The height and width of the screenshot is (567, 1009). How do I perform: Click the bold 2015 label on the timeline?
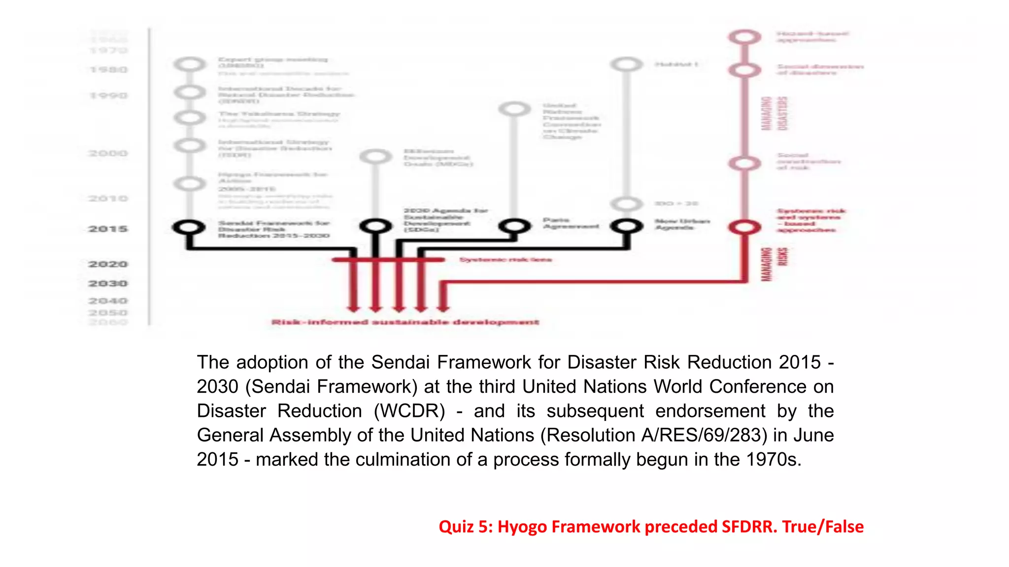click(108, 229)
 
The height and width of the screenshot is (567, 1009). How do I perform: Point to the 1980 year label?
click(108, 70)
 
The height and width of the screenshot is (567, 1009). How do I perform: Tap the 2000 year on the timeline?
click(108, 154)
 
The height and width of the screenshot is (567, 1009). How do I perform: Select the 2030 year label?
click(108, 283)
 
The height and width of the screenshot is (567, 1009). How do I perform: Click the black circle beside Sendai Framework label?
click(189, 227)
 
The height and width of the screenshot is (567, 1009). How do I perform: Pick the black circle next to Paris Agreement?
click(514, 226)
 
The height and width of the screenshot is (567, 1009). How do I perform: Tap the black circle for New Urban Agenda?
click(626, 226)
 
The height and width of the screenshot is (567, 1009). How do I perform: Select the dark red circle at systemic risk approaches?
click(744, 227)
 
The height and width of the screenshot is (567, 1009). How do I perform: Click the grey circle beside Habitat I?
click(626, 64)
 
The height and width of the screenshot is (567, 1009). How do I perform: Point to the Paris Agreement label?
click(571, 223)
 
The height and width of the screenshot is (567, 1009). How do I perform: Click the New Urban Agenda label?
click(682, 224)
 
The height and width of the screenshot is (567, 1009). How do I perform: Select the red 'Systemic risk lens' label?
click(505, 259)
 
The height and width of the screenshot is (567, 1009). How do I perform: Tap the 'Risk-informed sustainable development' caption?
click(405, 322)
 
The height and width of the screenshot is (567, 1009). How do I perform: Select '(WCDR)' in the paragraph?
click(409, 411)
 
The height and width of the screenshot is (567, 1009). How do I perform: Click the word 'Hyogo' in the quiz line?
click(522, 527)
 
